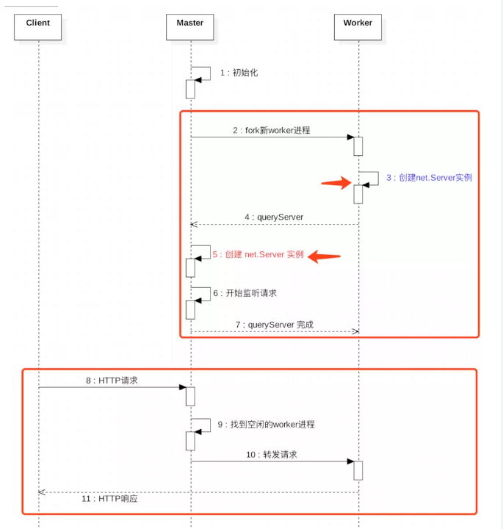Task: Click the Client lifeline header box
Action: point(38,27)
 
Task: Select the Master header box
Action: point(190,27)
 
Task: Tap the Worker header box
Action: point(358,27)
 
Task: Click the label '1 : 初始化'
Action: point(239,73)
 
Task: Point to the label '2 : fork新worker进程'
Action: point(272,130)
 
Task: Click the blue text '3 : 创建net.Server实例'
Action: point(429,178)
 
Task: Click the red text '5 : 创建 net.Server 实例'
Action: point(258,254)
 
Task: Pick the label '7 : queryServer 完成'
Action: point(275,324)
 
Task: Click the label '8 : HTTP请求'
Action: point(112,381)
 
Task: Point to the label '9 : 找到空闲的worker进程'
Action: point(266,424)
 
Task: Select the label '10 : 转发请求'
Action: point(272,455)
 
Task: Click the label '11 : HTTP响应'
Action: point(109,499)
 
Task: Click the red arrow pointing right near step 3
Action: point(336,184)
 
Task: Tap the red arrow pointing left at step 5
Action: point(324,256)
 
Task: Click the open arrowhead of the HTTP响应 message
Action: point(43,492)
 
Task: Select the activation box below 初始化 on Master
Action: point(190,89)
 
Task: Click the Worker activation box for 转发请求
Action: point(358,470)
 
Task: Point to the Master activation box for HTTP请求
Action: point(190,396)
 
